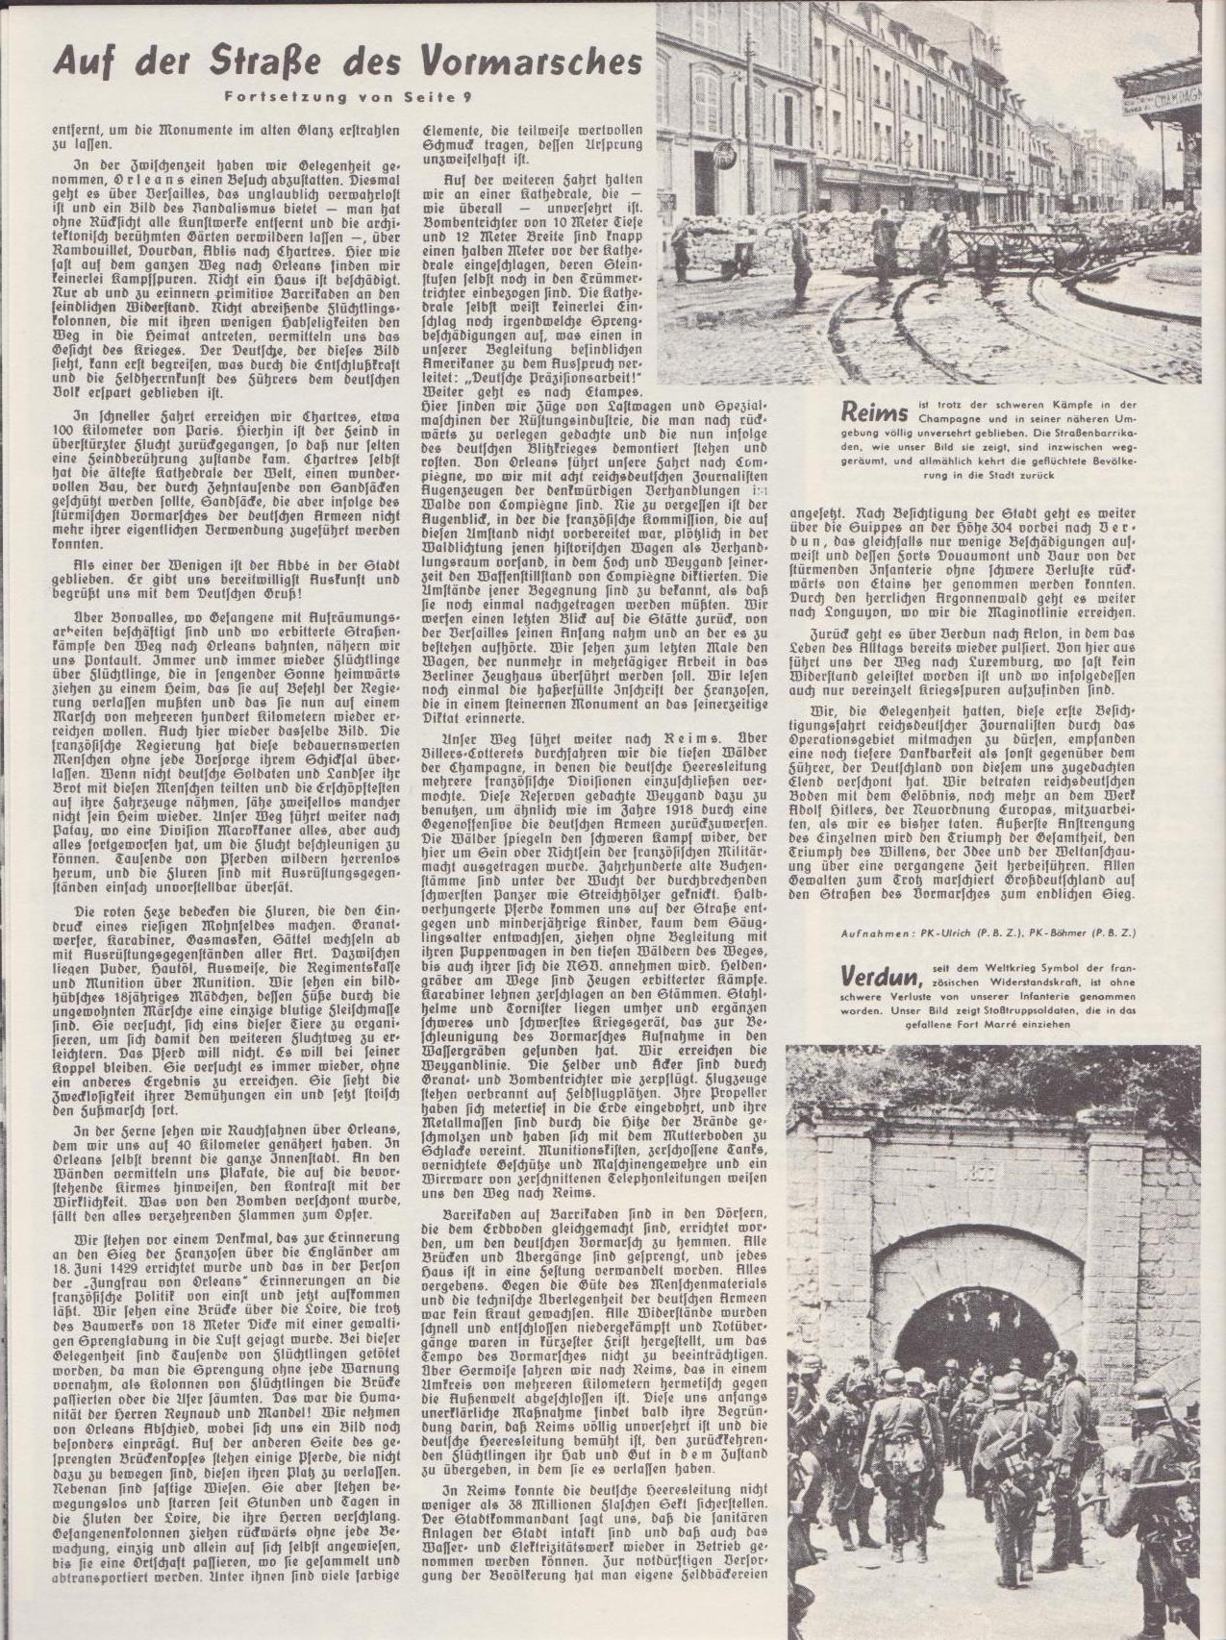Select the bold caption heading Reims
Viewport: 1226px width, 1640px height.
click(x=873, y=412)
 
